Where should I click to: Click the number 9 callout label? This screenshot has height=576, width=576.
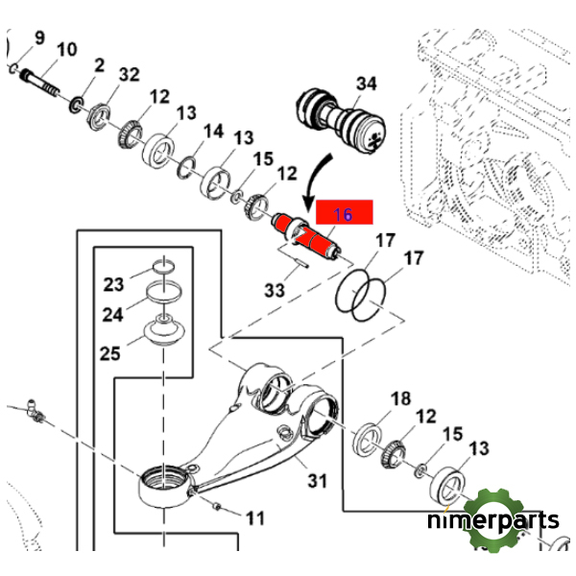[39, 38]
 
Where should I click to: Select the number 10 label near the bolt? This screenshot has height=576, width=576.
[67, 50]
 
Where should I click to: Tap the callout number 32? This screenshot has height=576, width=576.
[129, 74]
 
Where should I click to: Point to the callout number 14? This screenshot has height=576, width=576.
[212, 131]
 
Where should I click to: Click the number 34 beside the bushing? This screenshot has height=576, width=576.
[366, 84]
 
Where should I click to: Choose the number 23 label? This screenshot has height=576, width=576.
[114, 284]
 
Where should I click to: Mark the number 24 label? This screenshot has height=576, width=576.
[113, 314]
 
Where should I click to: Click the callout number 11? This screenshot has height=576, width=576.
[253, 518]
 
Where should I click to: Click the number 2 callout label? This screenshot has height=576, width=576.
[99, 64]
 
